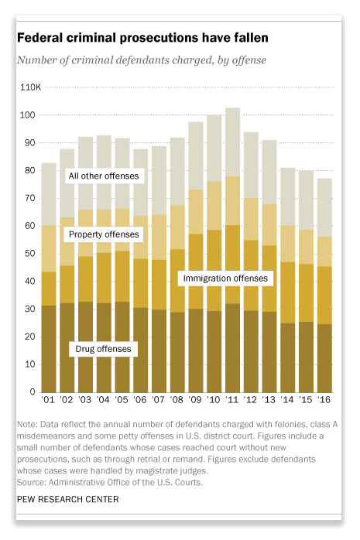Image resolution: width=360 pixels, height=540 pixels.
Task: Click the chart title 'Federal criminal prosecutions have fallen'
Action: (142, 38)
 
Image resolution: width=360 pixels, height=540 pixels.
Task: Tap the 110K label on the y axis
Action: (30, 87)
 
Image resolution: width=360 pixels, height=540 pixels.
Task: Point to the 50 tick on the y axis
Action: (29, 254)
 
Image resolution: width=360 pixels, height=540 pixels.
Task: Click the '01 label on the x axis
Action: (48, 399)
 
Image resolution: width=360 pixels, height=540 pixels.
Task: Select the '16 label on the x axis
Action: (324, 399)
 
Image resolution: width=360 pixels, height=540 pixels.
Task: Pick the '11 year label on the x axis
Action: (232, 399)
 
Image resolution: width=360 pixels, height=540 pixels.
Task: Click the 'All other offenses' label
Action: (104, 176)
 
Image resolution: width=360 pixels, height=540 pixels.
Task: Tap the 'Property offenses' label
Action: (104, 234)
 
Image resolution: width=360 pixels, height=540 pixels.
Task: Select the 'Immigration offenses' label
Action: (225, 279)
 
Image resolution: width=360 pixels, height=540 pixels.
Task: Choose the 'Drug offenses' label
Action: (103, 349)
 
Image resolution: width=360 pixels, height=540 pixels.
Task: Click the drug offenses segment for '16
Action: (324, 358)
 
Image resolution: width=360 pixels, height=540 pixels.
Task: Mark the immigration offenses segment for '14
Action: (288, 292)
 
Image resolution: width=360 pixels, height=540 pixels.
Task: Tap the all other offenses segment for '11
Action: (232, 142)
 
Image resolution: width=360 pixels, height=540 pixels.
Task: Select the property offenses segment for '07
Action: (159, 238)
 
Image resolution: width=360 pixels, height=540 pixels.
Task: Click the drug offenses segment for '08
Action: (177, 352)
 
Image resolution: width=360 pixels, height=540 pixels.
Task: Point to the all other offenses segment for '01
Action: (49, 195)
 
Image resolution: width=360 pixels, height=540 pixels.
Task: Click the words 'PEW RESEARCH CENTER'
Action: (68, 499)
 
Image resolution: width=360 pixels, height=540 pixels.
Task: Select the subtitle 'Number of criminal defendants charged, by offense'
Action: (142, 60)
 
